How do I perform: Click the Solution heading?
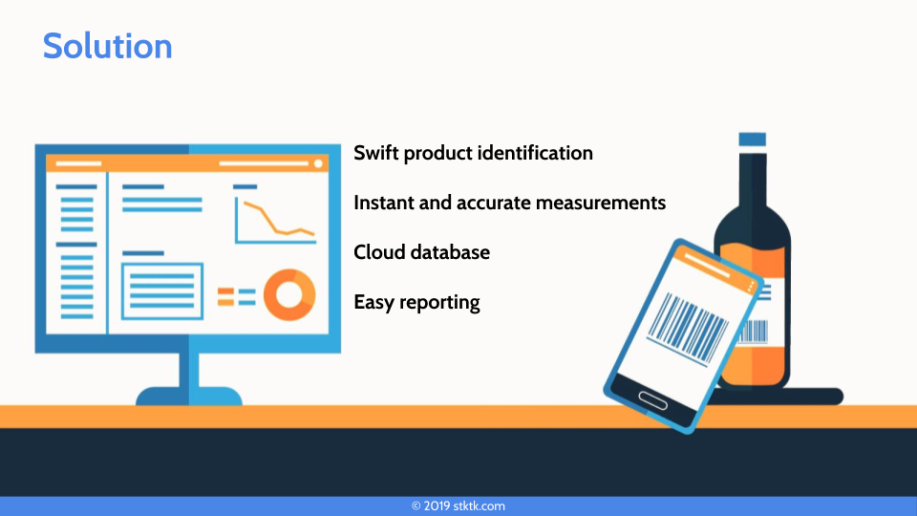[x=108, y=46]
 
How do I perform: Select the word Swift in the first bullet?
[x=376, y=153]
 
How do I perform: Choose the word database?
[x=450, y=252]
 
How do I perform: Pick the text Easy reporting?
[x=417, y=303]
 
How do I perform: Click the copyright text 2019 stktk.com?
[x=458, y=506]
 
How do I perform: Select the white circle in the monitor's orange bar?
[x=318, y=163]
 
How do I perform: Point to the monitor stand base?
[x=189, y=396]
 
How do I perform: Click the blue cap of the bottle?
[x=752, y=140]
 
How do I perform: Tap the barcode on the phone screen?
[x=688, y=329]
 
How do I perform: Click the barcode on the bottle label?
[x=755, y=332]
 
